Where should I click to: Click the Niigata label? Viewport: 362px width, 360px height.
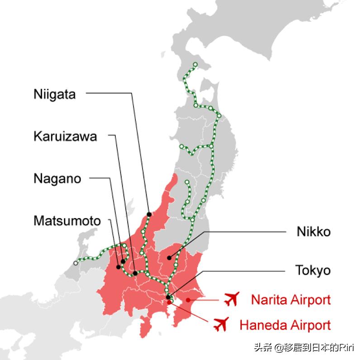click(x=54, y=95)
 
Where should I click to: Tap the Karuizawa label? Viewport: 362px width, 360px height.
click(x=65, y=136)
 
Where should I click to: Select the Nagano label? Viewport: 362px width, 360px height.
click(x=57, y=179)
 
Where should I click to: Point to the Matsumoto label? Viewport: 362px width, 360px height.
click(x=67, y=221)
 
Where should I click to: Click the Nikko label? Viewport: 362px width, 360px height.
click(x=314, y=232)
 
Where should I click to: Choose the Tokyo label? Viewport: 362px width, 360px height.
click(x=313, y=271)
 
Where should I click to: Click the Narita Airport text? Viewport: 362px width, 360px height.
click(x=291, y=299)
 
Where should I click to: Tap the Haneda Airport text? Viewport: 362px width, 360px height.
click(x=285, y=325)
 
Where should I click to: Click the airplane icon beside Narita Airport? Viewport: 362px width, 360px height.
click(x=231, y=299)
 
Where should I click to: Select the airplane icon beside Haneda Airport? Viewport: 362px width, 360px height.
click(x=220, y=324)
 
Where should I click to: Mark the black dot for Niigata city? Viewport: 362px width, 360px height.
click(x=149, y=214)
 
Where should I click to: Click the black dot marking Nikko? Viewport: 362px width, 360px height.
click(x=168, y=258)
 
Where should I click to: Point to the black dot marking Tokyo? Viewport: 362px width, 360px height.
click(x=168, y=297)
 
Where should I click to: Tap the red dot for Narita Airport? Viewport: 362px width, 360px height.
click(x=188, y=299)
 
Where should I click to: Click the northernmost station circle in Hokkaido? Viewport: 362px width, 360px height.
click(x=195, y=64)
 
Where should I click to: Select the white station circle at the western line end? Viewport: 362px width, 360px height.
click(x=76, y=263)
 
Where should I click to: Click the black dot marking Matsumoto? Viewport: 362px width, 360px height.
click(x=119, y=267)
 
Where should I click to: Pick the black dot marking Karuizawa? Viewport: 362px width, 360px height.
click(x=135, y=273)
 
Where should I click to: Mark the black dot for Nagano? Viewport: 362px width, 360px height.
click(x=123, y=261)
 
